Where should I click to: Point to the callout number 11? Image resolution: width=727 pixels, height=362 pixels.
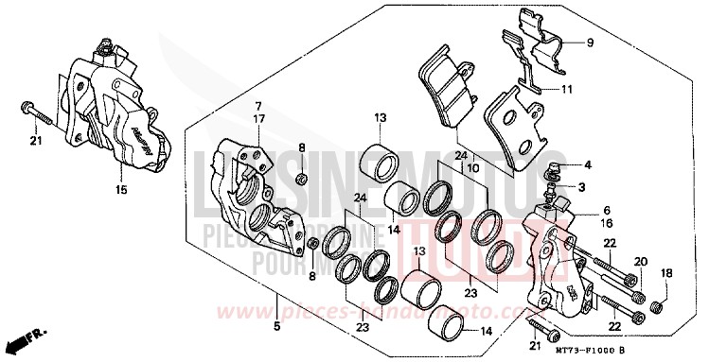coord(568,90)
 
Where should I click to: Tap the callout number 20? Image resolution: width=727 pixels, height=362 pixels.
coord(640,261)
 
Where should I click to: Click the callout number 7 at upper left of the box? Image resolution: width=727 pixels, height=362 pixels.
coord(257,106)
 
